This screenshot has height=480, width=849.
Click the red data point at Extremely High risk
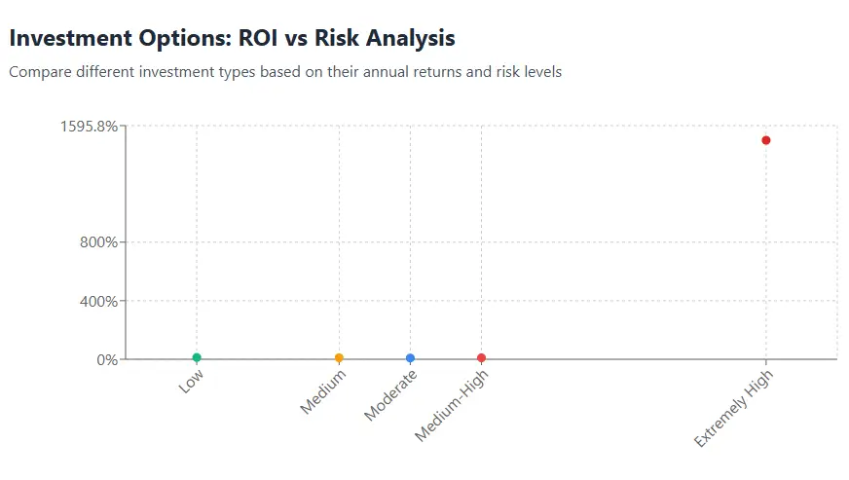[x=766, y=140]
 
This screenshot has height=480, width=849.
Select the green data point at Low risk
[x=197, y=358]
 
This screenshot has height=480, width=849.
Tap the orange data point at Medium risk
[x=339, y=358]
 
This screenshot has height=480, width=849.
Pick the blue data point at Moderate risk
[x=410, y=358]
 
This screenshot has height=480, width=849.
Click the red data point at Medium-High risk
[x=481, y=358]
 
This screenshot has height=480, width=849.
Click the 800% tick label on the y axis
[x=98, y=242]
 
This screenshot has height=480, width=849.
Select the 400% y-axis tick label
[x=98, y=301]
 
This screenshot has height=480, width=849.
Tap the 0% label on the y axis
[x=107, y=359]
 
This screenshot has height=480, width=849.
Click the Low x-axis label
[x=191, y=381]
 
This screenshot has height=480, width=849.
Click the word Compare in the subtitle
[x=38, y=72]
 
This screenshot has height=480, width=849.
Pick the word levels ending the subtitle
[x=541, y=72]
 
